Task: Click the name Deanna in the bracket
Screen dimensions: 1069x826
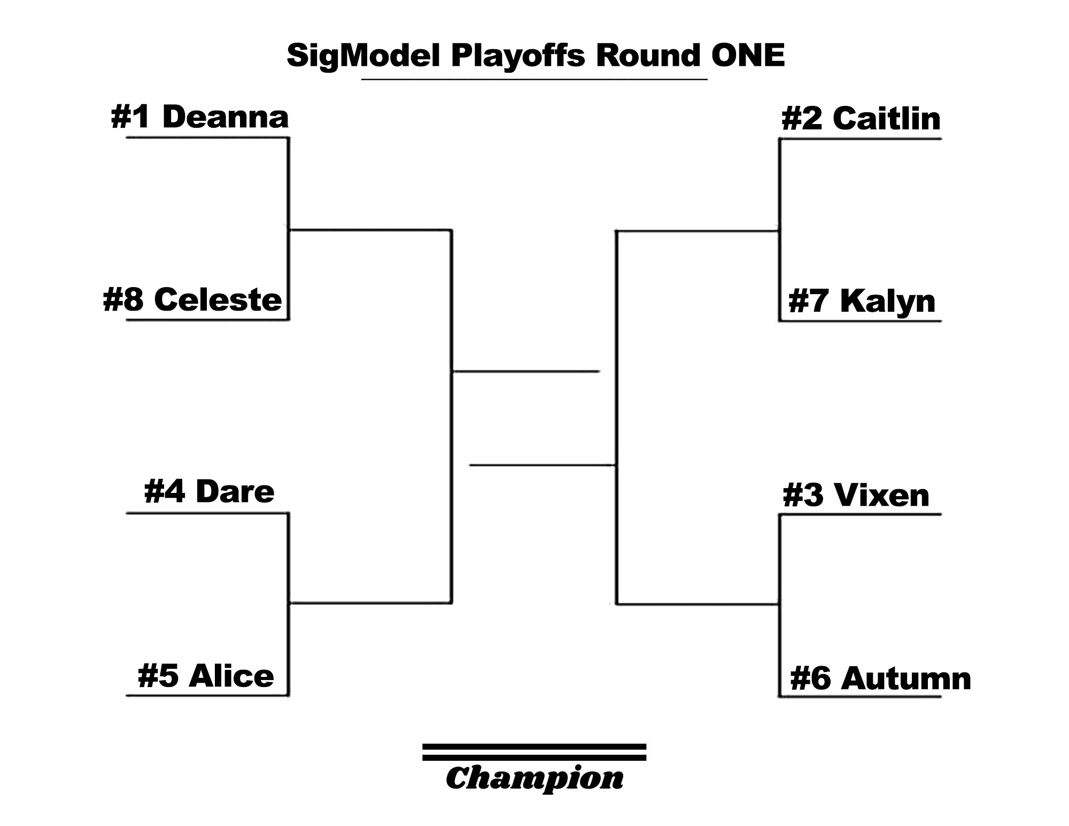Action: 225,117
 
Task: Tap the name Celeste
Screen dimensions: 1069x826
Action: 218,299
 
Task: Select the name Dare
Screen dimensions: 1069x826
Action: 235,491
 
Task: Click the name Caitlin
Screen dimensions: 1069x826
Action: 886,118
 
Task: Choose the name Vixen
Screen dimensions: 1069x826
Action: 881,495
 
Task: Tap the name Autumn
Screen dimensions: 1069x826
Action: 906,678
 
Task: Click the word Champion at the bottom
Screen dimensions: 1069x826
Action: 534,778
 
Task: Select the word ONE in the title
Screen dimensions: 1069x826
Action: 748,55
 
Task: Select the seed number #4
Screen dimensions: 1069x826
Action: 165,491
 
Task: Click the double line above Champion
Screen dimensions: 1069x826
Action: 534,752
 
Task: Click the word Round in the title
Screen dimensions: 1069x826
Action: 648,55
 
